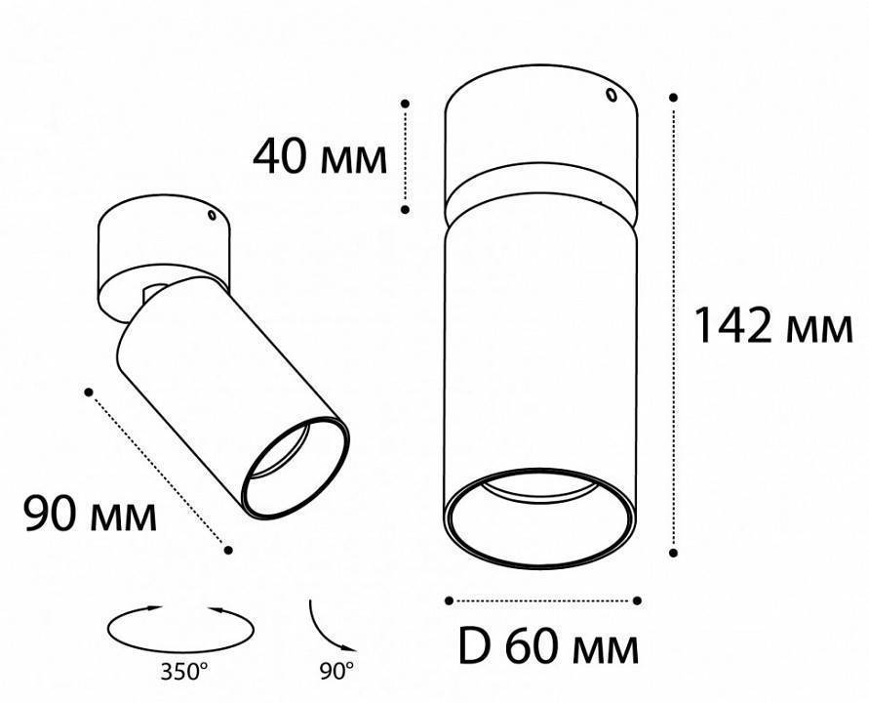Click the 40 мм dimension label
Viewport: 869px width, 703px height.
[320, 157]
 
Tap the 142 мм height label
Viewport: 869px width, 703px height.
[773, 326]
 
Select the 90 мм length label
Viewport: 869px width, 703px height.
[91, 514]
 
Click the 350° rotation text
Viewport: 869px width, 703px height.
[184, 672]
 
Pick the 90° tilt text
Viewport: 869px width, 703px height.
[336, 672]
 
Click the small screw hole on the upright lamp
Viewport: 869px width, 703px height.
[612, 95]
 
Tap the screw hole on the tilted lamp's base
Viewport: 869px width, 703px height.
[211, 215]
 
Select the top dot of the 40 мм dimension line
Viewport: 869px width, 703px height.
[405, 103]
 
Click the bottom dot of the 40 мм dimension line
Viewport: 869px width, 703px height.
[405, 210]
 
